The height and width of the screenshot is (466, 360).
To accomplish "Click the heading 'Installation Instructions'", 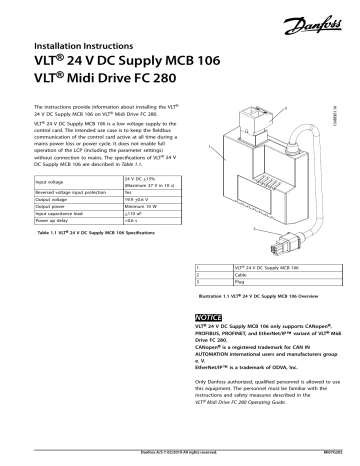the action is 84,47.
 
